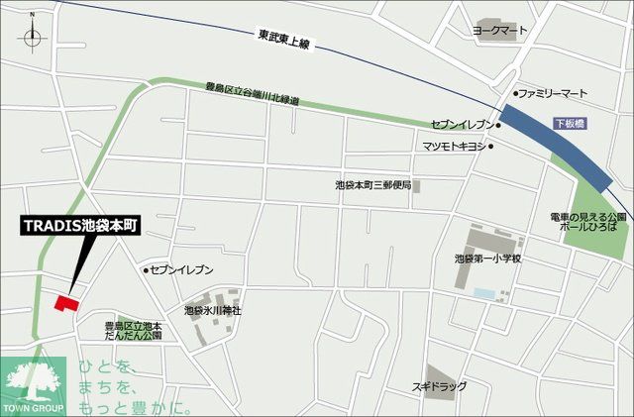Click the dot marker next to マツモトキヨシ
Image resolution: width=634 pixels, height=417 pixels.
[x=490, y=147]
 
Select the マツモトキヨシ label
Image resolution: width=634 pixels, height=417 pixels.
[x=454, y=147]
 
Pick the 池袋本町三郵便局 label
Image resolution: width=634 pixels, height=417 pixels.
[x=371, y=185]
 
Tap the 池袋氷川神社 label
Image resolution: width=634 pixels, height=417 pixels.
[x=213, y=310]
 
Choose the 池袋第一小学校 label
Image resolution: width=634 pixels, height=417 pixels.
[x=487, y=259]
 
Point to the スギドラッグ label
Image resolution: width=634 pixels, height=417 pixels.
[x=439, y=385]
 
